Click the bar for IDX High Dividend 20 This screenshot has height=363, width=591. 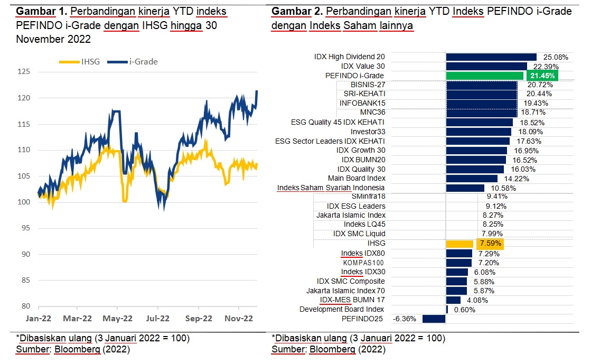[x=491, y=57]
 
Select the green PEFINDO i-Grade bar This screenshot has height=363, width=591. [x=484, y=76]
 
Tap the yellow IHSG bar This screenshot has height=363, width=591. [x=459, y=244]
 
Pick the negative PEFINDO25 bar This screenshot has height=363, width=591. [x=434, y=319]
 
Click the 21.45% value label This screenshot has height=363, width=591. [x=542, y=76]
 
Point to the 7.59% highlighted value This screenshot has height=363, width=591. [x=490, y=244]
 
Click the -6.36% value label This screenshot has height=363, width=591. [x=405, y=319]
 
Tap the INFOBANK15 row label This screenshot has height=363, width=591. [x=362, y=103]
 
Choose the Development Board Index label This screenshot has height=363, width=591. [x=342, y=309]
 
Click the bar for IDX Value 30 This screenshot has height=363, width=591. [x=486, y=67]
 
